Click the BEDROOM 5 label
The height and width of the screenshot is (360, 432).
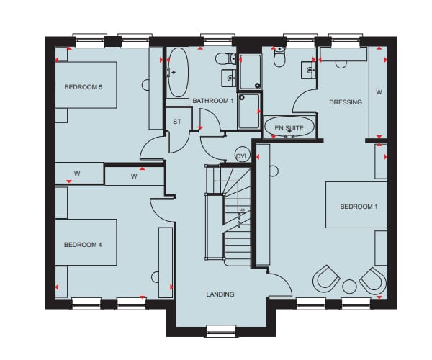pos(84,87)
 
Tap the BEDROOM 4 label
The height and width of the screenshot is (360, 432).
pos(83,245)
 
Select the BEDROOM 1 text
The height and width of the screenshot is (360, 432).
pos(359,207)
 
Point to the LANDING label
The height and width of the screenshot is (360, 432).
pos(220,294)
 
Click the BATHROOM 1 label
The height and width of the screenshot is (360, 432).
pos(213,101)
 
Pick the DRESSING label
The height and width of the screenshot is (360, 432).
pos(346,102)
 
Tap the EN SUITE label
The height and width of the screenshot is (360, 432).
pos(289,128)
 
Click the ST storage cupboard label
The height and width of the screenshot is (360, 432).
pos(177,122)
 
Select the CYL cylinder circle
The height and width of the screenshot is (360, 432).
pos(242,156)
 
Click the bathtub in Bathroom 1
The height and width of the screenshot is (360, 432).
pos(179,73)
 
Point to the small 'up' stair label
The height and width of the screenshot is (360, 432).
pos(242,210)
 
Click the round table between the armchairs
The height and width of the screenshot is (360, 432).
pos(349,287)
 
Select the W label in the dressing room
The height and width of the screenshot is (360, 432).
pos(379,92)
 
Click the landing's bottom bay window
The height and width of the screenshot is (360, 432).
pos(221,330)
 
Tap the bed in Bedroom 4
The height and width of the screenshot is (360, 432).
pos(86,243)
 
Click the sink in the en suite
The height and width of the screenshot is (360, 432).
pos(309,71)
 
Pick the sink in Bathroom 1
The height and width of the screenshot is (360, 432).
pos(229,78)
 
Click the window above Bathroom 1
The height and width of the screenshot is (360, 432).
pos(217,40)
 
